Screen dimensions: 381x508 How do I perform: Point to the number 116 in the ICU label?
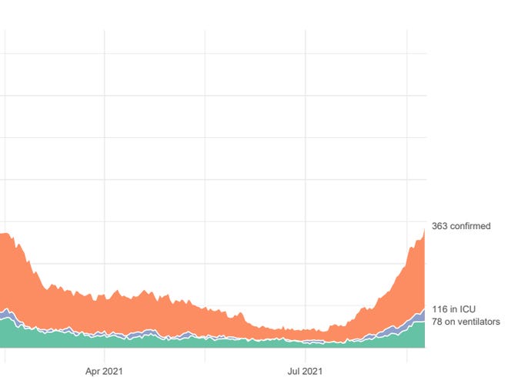[440, 309]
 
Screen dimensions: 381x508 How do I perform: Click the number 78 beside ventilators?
[436, 322]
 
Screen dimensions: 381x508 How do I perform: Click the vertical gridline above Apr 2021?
[104, 154]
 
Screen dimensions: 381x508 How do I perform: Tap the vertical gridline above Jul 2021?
[306, 154]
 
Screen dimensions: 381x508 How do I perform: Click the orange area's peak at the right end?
[424, 230]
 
